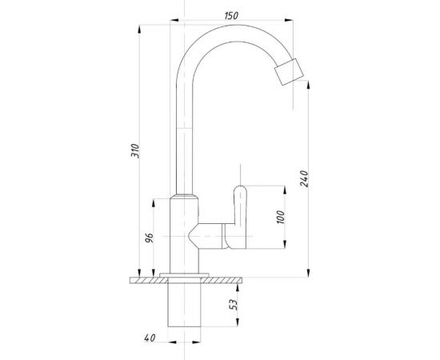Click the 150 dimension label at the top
point(231,15)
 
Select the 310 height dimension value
point(135,150)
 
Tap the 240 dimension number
point(304,178)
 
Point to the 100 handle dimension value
point(280,217)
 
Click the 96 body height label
point(150,238)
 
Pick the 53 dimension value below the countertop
point(234,305)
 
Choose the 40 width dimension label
point(150,338)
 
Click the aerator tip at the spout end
point(289,72)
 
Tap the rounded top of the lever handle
point(240,188)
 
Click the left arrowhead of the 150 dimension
point(174,20)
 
